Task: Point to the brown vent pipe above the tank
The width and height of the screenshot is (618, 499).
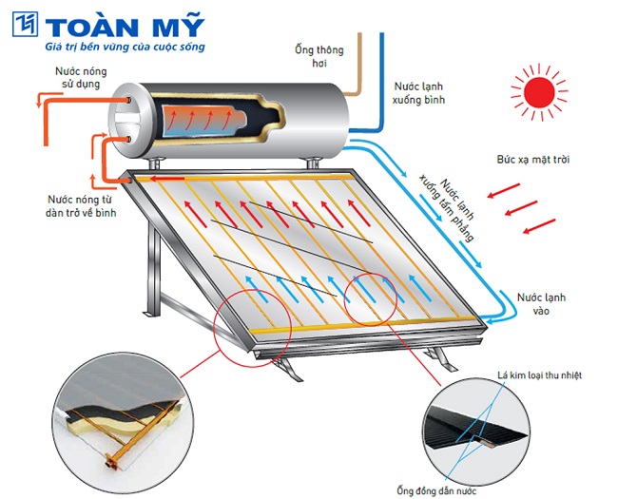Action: click(x=356, y=67)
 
